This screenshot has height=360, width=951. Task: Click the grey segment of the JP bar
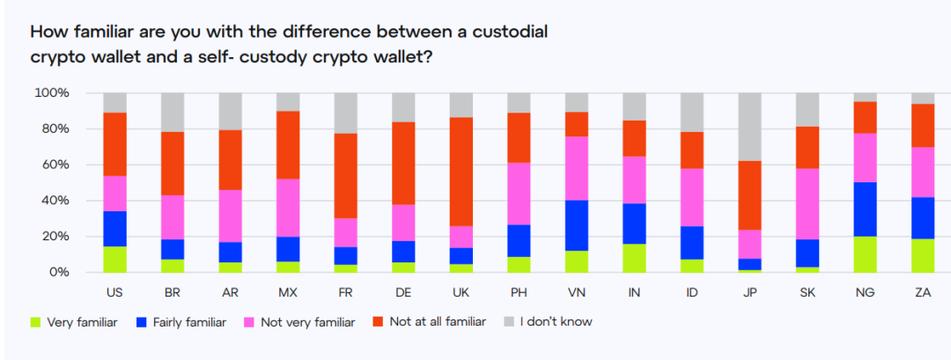[x=751, y=127]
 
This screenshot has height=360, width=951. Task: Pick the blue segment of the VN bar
[x=578, y=225]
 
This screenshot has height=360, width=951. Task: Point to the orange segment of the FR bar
[x=346, y=176]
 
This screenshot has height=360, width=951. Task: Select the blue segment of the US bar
[x=114, y=229]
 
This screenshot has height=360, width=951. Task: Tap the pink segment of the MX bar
[x=288, y=208]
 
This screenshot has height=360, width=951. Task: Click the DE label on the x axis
[x=403, y=291]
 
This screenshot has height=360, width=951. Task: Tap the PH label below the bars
[x=520, y=291]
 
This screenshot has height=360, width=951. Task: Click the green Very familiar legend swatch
[x=36, y=322]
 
